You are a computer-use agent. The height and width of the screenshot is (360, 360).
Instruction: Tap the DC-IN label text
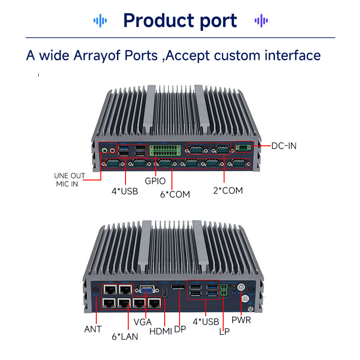284,146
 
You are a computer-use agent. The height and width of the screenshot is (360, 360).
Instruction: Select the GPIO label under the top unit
155,181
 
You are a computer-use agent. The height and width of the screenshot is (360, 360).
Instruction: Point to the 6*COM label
175,194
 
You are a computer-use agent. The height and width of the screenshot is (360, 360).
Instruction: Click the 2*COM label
228,190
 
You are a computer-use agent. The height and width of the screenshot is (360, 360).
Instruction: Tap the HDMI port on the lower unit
165,291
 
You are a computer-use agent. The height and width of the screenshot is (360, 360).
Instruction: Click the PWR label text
241,320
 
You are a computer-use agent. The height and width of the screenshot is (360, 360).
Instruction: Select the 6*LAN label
125,336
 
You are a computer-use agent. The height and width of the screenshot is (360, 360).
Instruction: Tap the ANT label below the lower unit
93,329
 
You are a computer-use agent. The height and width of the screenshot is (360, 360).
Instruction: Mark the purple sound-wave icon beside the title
261,20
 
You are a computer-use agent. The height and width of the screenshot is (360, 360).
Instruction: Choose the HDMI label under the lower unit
161,331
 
